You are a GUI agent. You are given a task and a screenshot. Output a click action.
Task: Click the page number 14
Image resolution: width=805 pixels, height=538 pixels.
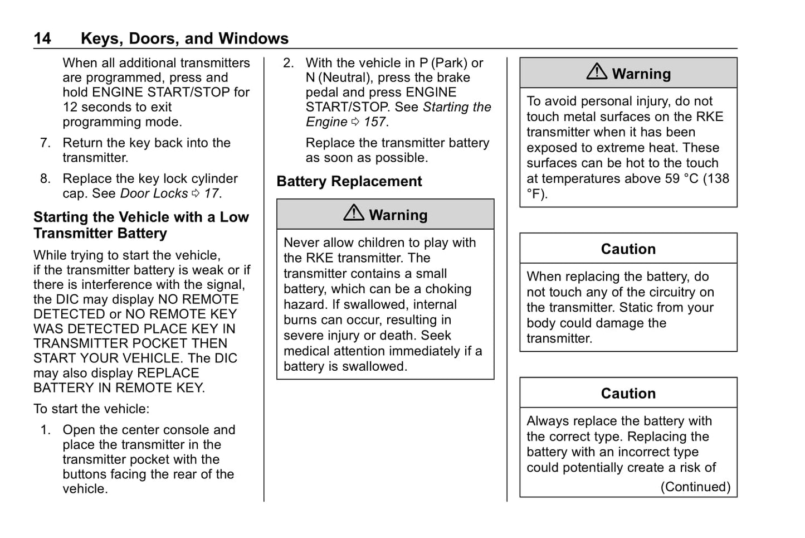click(42, 38)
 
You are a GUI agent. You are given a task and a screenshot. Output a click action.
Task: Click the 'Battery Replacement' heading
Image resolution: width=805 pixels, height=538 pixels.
click(349, 182)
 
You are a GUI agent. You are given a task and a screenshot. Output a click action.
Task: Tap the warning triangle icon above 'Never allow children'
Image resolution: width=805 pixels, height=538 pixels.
click(354, 213)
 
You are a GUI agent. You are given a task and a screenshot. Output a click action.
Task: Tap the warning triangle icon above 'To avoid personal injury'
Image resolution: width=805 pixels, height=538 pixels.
click(597, 72)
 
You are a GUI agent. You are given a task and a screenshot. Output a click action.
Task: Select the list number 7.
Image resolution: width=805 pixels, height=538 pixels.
click(45, 143)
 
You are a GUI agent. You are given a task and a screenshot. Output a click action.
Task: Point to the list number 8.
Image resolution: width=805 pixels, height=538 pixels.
click(45, 179)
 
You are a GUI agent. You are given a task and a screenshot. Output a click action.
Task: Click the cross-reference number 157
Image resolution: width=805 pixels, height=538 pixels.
click(375, 122)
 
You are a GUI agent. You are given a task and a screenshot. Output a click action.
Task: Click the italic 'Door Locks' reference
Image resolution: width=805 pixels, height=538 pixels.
click(154, 194)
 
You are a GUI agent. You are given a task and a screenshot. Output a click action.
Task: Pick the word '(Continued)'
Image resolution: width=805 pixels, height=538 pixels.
click(695, 487)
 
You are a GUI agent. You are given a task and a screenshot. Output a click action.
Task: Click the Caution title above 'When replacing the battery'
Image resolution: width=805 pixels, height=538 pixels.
click(628, 249)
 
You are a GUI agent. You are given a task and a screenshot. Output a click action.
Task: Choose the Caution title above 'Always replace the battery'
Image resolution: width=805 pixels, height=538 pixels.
click(628, 394)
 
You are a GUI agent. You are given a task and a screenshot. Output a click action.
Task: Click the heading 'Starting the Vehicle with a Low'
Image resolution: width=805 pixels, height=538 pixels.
click(141, 217)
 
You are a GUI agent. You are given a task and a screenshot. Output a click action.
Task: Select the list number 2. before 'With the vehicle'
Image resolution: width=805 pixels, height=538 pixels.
click(288, 63)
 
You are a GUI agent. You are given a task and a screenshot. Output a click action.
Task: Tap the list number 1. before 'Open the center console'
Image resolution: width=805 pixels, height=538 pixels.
click(45, 430)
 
